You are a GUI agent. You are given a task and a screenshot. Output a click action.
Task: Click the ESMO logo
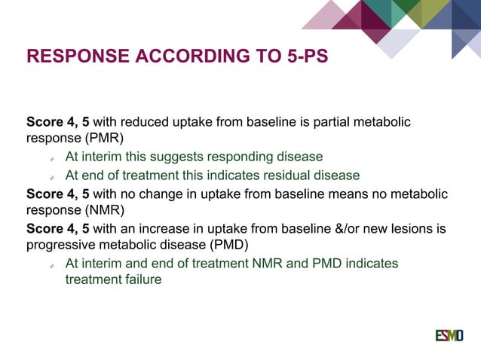[x=449, y=335]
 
